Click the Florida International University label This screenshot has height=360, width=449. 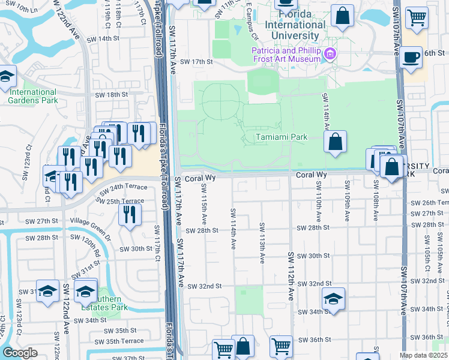(301, 25)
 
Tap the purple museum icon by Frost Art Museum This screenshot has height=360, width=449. (329, 55)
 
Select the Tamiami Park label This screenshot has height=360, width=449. (282, 137)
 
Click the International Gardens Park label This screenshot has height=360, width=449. (33, 96)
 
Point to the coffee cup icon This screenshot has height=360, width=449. (411, 58)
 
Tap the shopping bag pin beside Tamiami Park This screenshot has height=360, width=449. (336, 142)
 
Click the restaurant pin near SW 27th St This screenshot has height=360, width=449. (130, 215)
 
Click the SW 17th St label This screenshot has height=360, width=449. (197, 62)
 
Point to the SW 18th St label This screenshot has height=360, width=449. (112, 95)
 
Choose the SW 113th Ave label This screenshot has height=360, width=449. (262, 243)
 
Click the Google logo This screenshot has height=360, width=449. (20, 353)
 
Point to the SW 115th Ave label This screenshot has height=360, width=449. (204, 203)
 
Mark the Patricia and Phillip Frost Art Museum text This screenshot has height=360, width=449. (286, 55)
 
